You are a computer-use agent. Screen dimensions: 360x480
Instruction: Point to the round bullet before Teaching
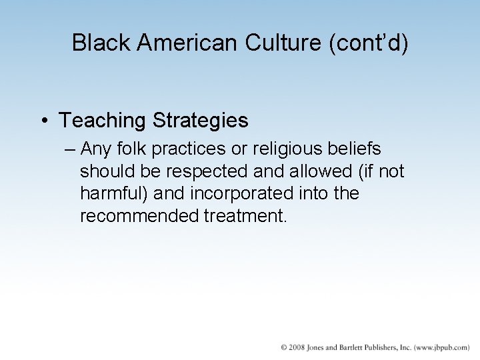pyautogui.click(x=43, y=121)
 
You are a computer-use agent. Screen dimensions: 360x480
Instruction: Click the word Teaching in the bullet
pyautogui.click(x=101, y=121)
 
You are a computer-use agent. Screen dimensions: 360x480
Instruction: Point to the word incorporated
pyautogui.click(x=241, y=194)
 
